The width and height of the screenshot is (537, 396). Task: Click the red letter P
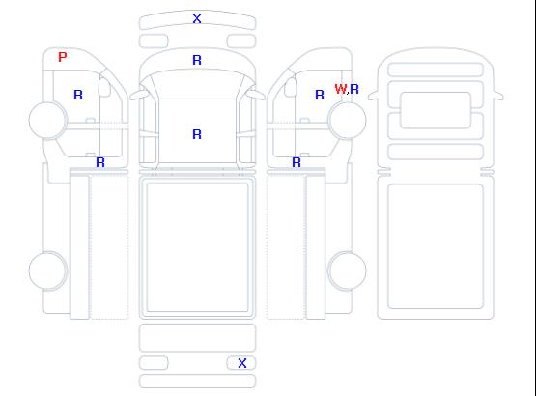(x=63, y=57)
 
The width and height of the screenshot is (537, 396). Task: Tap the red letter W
(x=341, y=89)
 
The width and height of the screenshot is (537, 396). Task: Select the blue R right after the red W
(x=354, y=89)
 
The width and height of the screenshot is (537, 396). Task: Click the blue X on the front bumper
(x=197, y=18)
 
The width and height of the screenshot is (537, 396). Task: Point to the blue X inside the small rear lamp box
(x=242, y=363)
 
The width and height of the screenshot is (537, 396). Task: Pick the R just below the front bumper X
(x=197, y=60)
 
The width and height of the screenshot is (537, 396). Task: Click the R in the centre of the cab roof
(x=197, y=134)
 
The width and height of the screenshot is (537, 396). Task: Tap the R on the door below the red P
(x=78, y=95)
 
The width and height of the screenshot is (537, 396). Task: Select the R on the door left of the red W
(x=320, y=95)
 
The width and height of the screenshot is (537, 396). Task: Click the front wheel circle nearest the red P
(x=48, y=120)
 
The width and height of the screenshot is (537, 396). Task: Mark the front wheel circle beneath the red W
(x=347, y=120)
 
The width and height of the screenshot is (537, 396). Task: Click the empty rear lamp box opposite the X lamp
(x=154, y=363)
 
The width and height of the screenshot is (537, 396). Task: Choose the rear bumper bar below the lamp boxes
(x=197, y=382)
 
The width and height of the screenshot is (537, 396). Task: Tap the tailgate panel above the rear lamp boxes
(x=197, y=338)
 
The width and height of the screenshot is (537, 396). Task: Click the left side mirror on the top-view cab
(x=139, y=94)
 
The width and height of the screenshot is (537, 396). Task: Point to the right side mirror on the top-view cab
(x=256, y=94)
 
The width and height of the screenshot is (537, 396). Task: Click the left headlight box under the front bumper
(x=154, y=42)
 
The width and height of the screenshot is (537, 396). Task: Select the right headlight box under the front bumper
(x=241, y=42)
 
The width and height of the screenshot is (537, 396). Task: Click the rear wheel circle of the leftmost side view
(x=48, y=270)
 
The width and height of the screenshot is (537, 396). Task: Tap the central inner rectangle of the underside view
(x=436, y=110)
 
